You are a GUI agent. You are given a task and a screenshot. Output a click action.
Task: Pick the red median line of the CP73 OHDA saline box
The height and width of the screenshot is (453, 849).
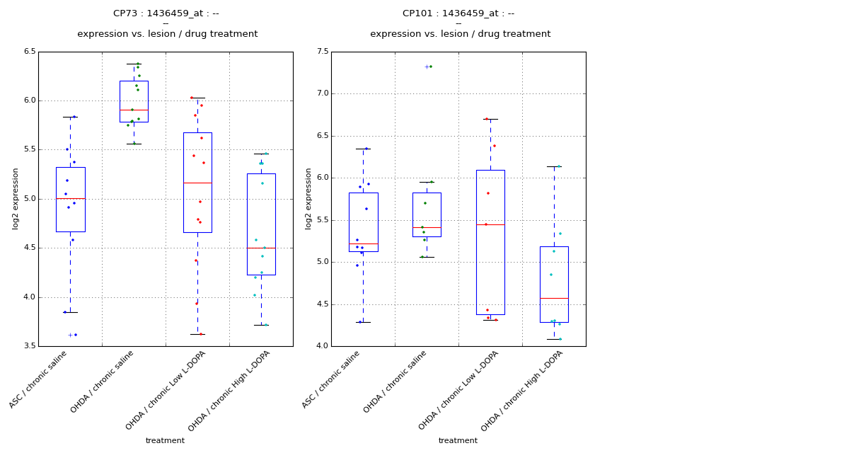(x=134, y=110)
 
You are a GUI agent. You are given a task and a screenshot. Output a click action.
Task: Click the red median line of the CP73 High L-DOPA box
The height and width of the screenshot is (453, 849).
(x=261, y=248)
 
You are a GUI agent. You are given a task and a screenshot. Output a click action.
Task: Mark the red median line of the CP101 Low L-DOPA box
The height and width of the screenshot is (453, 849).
(x=490, y=224)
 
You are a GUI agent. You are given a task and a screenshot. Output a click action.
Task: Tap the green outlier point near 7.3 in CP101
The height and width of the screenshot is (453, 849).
(x=431, y=67)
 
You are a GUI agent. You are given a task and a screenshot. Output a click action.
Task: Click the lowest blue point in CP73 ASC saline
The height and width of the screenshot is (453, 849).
(x=76, y=335)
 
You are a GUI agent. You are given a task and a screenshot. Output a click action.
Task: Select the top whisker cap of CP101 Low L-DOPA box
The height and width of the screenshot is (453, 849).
(x=490, y=119)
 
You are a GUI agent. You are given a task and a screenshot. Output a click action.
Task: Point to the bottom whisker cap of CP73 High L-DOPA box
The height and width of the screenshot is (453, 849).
(x=261, y=325)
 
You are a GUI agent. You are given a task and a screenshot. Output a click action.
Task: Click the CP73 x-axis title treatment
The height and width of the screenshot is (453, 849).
(x=165, y=441)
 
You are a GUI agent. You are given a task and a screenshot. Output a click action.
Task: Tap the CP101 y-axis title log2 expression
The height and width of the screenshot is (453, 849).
(x=308, y=198)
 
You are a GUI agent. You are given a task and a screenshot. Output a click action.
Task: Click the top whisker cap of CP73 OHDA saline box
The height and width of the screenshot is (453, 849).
(x=134, y=64)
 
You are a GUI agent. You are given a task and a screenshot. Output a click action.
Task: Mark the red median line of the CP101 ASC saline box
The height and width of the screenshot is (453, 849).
(x=363, y=243)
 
